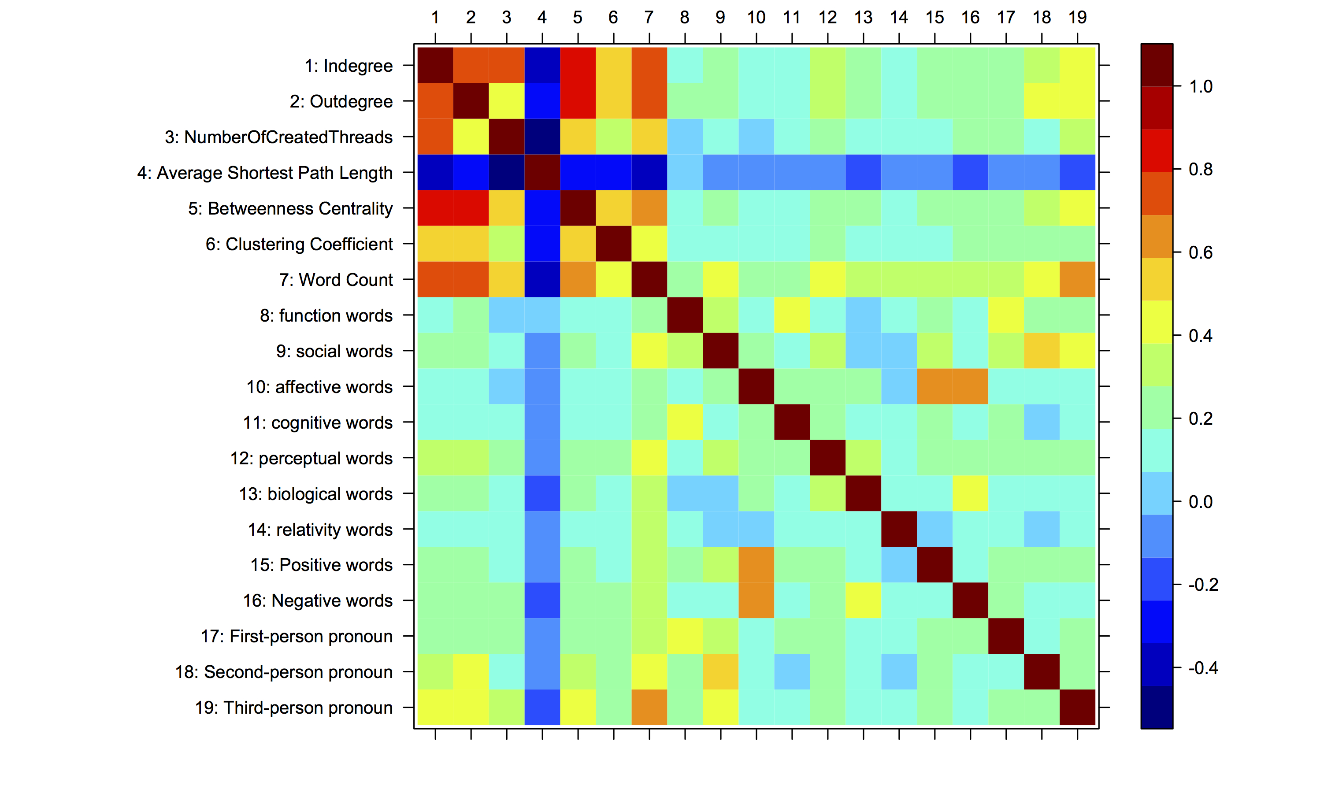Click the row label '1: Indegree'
[x=349, y=66]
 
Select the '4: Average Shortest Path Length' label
[x=264, y=173]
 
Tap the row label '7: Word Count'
[x=336, y=279]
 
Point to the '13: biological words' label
[x=315, y=494]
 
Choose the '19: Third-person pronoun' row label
[x=293, y=708]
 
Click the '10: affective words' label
[x=319, y=387]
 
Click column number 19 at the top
[x=1077, y=18]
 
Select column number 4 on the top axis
[x=542, y=18]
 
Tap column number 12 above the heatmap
[x=827, y=18]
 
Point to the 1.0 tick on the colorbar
[x=1200, y=86]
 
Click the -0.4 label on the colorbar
[x=1202, y=668]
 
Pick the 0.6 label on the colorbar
[x=1200, y=253]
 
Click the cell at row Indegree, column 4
[x=542, y=65]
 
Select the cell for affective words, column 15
[x=934, y=386]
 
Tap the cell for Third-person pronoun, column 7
[x=649, y=708]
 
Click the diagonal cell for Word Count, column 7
[x=649, y=279]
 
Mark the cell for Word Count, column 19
[x=1077, y=279]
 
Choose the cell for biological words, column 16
[x=971, y=494]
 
